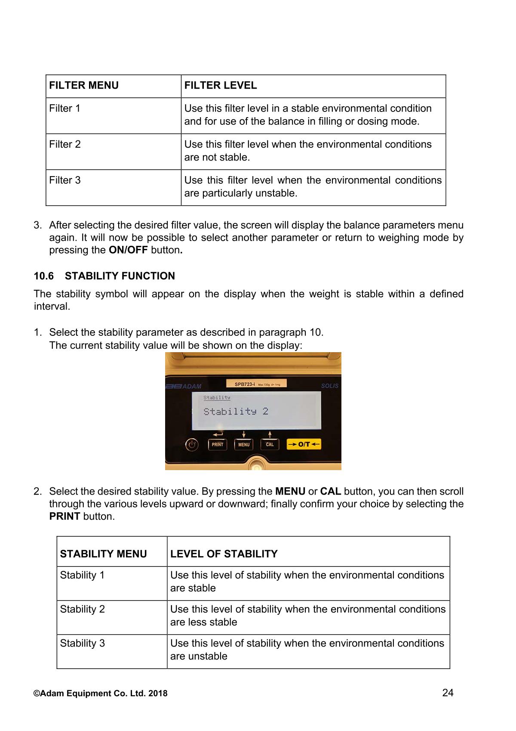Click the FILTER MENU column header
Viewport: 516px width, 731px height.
click(84, 85)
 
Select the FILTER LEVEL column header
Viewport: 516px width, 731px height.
click(221, 85)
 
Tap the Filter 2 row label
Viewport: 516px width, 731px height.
click(65, 144)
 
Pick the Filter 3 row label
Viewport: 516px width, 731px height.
click(65, 180)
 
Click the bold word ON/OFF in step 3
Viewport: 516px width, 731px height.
click(128, 250)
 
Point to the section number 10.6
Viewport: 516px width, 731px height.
click(44, 276)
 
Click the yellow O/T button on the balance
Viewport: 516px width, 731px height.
click(304, 444)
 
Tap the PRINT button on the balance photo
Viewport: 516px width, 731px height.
click(218, 444)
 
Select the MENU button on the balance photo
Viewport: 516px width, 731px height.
click(244, 444)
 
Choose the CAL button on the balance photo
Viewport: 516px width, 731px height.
click(270, 444)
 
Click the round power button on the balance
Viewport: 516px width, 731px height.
click(192, 445)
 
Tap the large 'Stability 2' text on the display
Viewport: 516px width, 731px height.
click(236, 412)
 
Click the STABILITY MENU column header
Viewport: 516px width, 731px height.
click(103, 554)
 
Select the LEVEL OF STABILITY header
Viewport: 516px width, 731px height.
click(224, 554)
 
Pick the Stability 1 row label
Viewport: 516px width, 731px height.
click(82, 575)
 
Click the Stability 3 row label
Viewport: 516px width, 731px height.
click(82, 643)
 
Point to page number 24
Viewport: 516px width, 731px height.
click(448, 693)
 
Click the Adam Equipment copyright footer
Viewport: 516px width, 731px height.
click(101, 694)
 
